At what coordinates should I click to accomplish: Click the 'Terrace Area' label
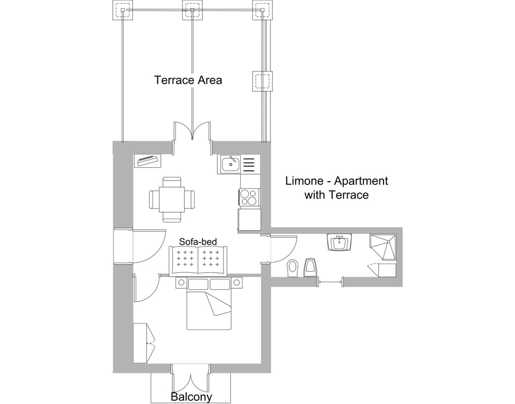point(188,80)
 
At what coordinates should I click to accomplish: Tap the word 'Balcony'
point(191,397)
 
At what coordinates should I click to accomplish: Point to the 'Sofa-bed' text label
point(198,242)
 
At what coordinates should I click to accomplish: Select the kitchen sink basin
point(231,164)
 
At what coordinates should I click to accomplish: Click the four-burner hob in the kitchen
point(249,198)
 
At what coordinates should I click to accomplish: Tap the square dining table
point(172,199)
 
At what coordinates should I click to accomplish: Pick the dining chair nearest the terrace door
point(172,182)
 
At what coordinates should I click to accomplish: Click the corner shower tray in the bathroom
point(384,247)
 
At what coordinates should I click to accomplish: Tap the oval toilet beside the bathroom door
point(292,267)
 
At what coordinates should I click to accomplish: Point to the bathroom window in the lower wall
point(329,281)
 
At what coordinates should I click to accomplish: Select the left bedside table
point(181,282)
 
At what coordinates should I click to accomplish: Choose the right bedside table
point(237,282)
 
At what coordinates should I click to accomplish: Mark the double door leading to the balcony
point(190,378)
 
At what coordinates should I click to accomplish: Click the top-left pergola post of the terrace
point(122,10)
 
